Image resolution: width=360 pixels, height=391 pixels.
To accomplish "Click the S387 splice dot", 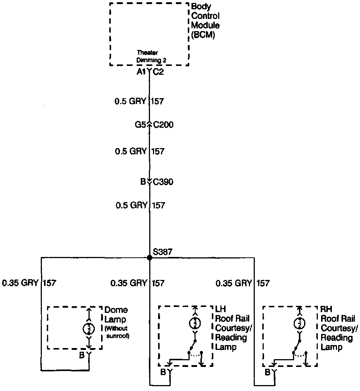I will coord(150,257).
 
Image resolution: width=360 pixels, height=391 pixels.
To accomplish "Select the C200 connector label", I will coord(163,125).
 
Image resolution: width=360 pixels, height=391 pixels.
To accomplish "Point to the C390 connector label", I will coord(163,182).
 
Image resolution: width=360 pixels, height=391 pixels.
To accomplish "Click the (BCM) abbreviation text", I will coord(203,36).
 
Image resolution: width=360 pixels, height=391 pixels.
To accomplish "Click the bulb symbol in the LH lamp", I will coord(195,323).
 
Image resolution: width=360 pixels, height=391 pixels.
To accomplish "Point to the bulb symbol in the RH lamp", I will coord(298,323).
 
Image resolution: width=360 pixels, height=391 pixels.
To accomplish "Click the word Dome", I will coord(116,310).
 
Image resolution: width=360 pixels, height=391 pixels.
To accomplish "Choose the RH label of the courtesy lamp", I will coord(326,309).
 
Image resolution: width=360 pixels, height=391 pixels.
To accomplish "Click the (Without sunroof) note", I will coord(117,332).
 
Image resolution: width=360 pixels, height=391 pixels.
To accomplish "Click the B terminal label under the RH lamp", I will coord(267,372).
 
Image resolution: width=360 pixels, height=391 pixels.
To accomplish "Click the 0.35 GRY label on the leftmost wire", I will coord(20,283).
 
